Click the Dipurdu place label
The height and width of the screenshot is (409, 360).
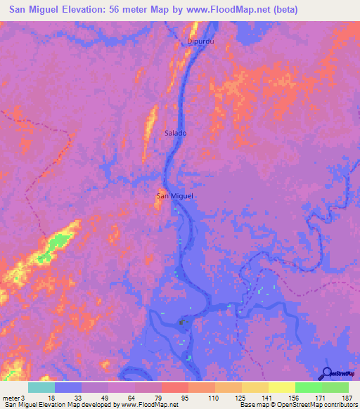(x=200, y=41)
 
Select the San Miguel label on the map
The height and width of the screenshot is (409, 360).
(x=174, y=196)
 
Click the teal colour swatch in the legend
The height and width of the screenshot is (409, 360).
(x=41, y=387)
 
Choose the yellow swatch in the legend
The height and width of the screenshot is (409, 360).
(x=281, y=387)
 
